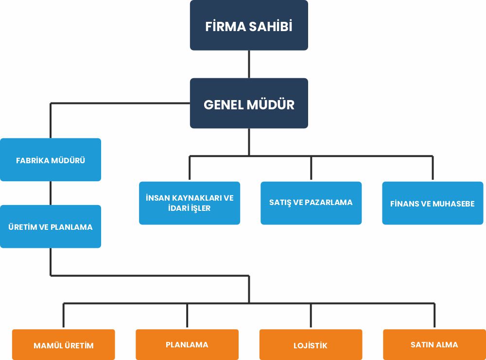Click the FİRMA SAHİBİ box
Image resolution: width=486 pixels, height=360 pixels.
249,25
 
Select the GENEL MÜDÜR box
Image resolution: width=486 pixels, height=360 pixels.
249,103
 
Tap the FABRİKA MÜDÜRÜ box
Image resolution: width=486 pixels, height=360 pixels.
51,160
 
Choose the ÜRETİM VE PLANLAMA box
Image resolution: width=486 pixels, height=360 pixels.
51,226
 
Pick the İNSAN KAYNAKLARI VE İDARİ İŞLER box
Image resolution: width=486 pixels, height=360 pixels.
190,203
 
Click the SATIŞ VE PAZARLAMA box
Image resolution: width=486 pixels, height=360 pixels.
311,203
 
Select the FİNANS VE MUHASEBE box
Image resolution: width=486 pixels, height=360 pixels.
433,203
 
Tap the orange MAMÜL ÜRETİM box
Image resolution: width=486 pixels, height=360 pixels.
64,345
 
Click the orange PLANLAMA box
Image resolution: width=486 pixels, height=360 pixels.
187,344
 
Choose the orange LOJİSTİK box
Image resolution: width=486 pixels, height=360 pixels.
311,345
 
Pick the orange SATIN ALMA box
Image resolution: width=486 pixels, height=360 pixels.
434,344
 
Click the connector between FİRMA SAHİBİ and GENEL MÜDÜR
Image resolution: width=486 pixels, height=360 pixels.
249,64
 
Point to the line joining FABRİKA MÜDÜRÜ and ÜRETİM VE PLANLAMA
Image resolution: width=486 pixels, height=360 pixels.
51,193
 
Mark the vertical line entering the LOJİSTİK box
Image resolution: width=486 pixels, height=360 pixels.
311,316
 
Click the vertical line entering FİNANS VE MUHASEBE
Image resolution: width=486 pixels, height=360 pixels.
433,169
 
